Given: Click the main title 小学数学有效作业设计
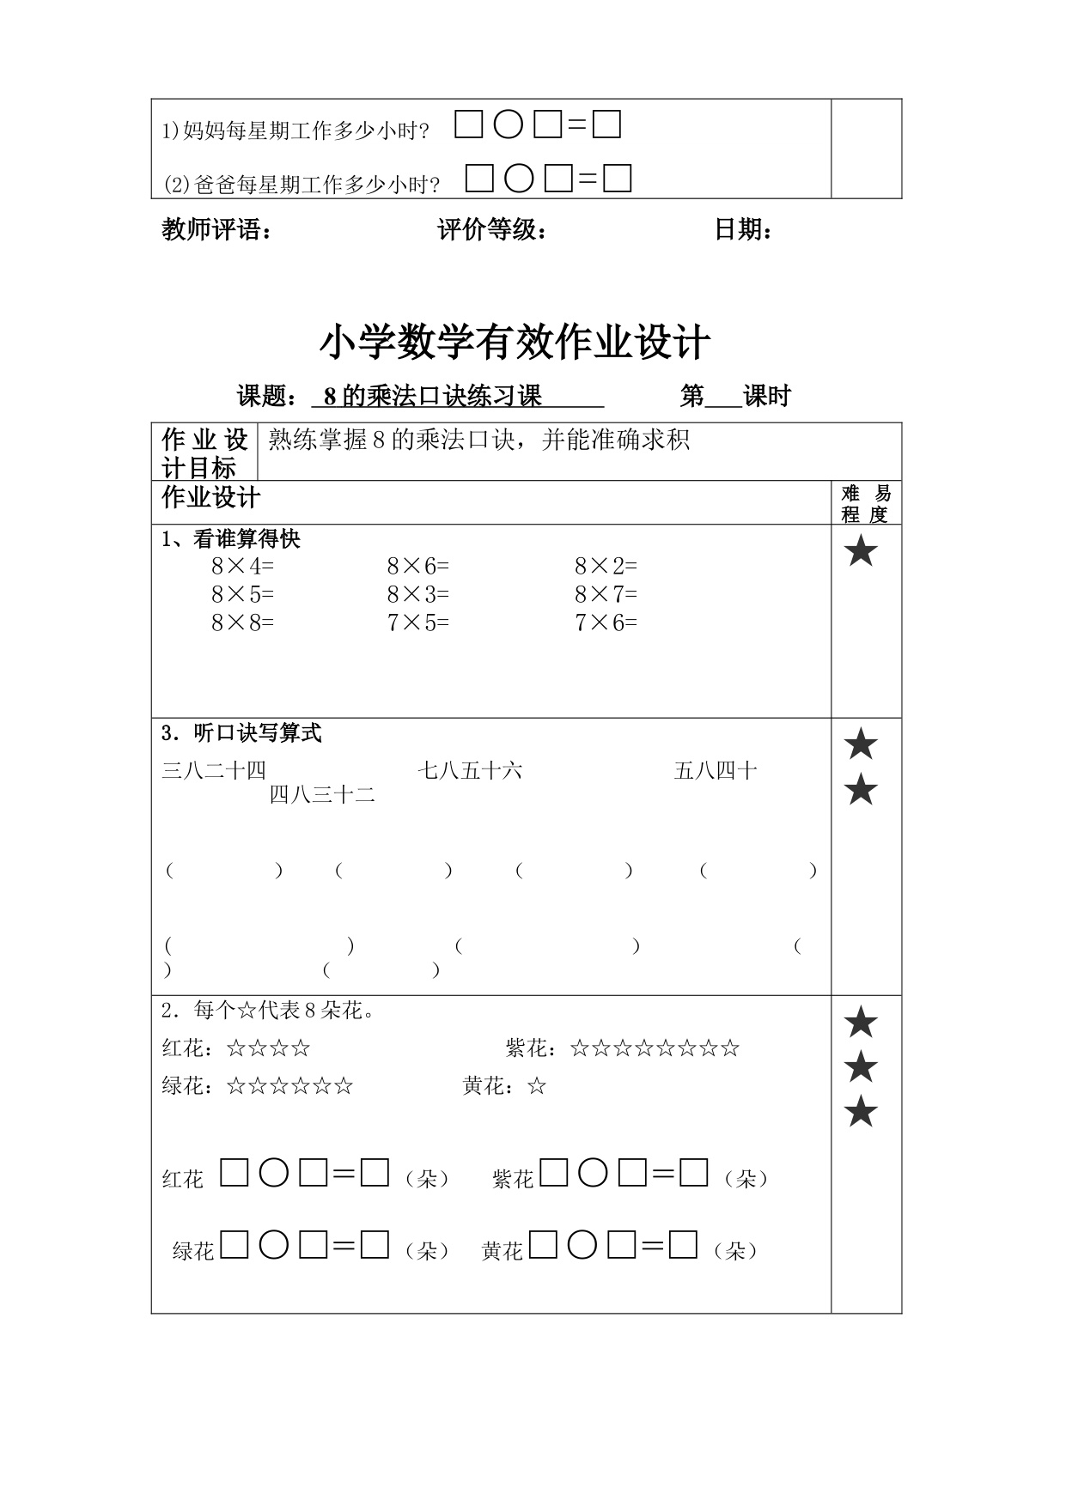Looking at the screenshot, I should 515,343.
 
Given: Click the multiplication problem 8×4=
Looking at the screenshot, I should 242,567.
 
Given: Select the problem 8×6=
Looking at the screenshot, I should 417,567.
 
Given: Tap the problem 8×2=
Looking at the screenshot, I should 606,567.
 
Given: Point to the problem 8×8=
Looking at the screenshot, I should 242,623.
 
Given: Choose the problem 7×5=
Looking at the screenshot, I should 417,623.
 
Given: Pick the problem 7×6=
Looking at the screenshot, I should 606,623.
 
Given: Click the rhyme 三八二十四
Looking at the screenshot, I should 214,770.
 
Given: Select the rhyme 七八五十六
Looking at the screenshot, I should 470,770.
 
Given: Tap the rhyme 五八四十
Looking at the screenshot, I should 716,770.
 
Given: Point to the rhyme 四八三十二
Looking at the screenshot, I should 322,795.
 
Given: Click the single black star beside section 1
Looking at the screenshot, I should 861,551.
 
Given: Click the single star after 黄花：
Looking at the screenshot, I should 537,1087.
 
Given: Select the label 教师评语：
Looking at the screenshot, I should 217,230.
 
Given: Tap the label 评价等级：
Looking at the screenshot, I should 492,230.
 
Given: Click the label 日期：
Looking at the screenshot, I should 744,230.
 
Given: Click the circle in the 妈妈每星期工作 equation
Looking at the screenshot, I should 508,126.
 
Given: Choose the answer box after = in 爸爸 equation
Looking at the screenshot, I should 618,179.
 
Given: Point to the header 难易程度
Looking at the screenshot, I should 866,503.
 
